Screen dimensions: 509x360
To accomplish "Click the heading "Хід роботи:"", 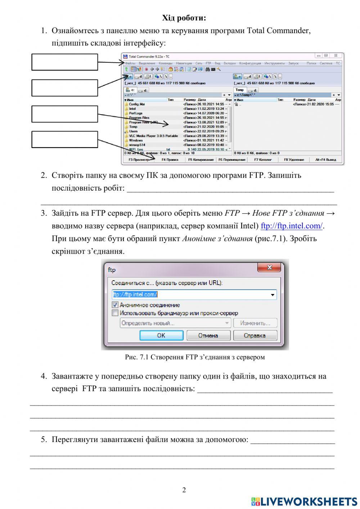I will click(184, 18).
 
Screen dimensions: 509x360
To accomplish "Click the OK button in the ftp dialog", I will click(161, 335).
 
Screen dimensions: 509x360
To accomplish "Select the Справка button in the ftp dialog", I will click(255, 335).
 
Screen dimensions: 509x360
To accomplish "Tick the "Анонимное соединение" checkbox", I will click(115, 305).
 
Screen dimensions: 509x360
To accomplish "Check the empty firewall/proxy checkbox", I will click(115, 313).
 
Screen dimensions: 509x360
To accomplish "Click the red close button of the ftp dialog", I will click(269, 268).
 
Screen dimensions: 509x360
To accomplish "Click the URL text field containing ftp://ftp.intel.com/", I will click(191, 294).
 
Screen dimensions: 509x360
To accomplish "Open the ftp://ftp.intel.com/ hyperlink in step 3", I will click(292, 226).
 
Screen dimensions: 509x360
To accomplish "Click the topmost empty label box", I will click(65, 62).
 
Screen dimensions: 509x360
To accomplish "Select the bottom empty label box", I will click(65, 139).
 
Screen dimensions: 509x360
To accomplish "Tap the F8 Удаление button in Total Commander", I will click(294, 160).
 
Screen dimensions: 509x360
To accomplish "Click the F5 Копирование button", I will click(201, 160).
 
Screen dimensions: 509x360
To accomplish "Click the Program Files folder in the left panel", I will click(139, 118).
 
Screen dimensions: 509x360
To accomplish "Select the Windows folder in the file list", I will click(136, 140).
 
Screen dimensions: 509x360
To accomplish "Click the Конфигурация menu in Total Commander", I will click(250, 63).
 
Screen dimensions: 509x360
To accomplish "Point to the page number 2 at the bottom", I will click(184, 490).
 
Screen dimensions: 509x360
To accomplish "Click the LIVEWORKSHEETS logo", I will click(304, 501).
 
